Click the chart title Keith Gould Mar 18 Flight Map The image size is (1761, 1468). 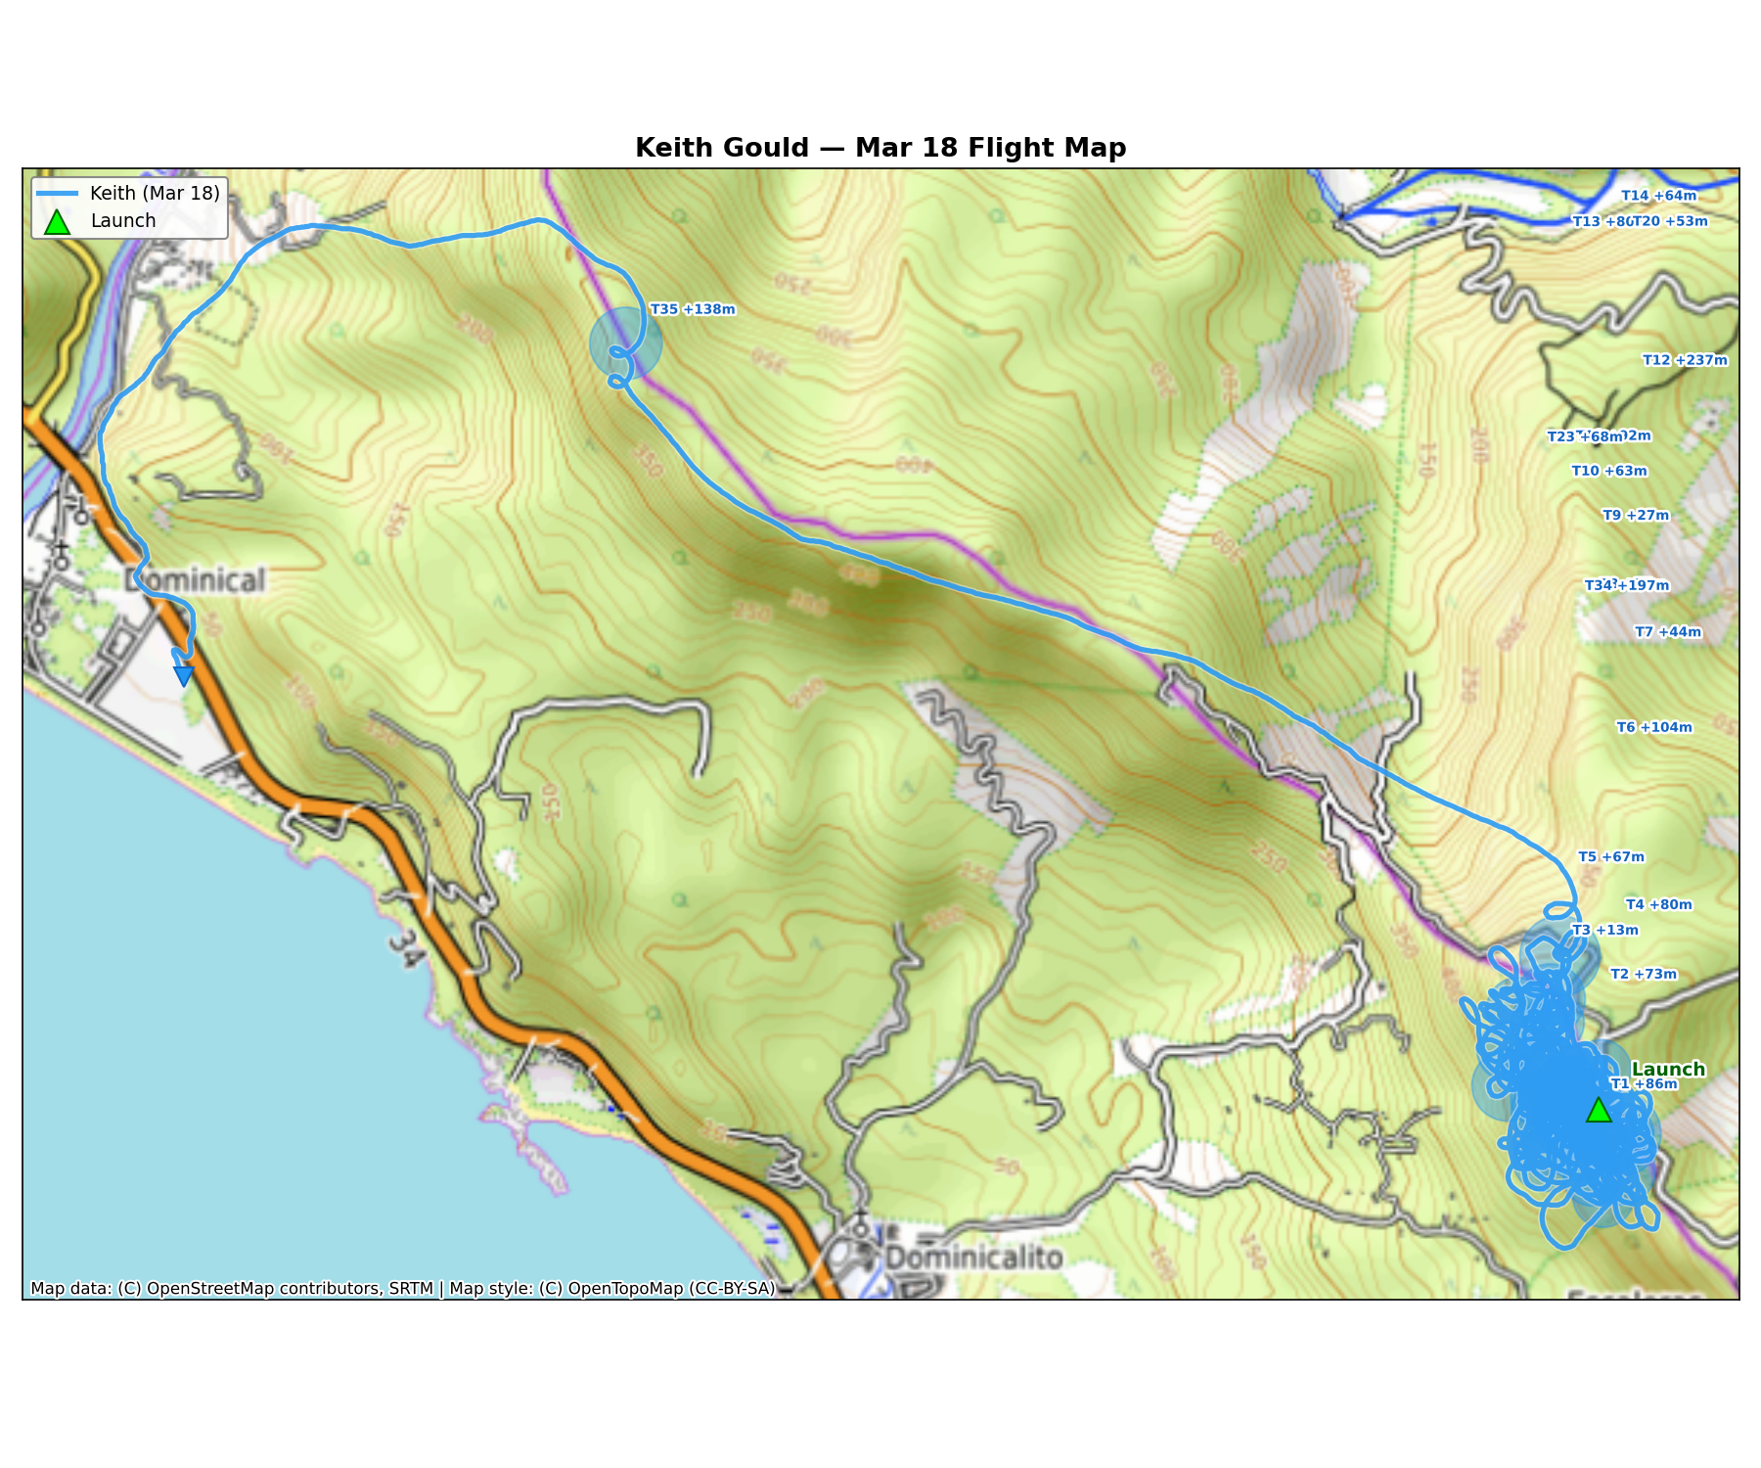tap(880, 148)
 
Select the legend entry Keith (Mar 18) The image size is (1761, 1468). tap(155, 194)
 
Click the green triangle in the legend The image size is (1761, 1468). tap(58, 222)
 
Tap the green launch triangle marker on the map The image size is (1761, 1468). tap(1598, 1111)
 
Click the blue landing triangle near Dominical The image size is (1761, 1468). tap(183, 675)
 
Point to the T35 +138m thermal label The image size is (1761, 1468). tap(693, 310)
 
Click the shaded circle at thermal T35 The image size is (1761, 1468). tap(626, 344)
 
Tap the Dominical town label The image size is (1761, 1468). tap(196, 580)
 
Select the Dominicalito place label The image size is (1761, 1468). tap(973, 1258)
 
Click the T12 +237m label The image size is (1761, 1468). tap(1685, 360)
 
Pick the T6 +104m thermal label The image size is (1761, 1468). tap(1653, 727)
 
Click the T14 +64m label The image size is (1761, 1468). tap(1658, 196)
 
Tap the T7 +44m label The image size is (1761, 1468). tap(1668, 632)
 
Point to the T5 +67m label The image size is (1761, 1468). tap(1611, 857)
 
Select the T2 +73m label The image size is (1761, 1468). tap(1644, 975)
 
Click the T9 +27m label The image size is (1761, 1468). tap(1636, 516)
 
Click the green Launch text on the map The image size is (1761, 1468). tap(1668, 1070)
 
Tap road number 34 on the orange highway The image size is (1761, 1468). tap(404, 947)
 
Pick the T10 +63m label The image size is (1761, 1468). tap(1609, 472)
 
